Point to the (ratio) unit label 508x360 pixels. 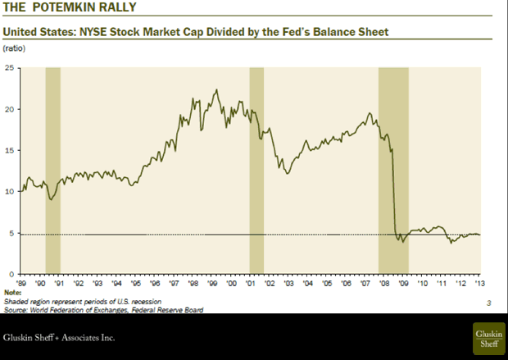tap(16, 50)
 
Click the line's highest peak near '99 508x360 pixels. tap(215, 90)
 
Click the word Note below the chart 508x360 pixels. tap(12, 292)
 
